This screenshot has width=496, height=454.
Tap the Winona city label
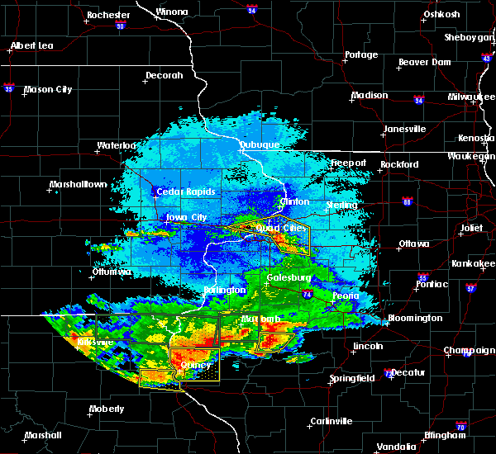coord(172,12)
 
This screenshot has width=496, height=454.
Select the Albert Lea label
coord(33,45)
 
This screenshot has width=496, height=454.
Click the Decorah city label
coord(164,75)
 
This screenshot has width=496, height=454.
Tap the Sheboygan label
coord(468,37)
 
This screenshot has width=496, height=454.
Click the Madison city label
coord(369,95)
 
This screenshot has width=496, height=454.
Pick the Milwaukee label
coord(467,97)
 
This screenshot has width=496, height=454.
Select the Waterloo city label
coord(115,145)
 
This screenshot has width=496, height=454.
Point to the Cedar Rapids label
coord(186,192)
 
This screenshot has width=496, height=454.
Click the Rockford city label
coord(399,164)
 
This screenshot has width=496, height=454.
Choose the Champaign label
coord(469,350)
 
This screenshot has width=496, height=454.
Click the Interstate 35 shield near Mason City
coord(9,86)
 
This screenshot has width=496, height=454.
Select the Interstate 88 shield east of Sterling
coord(407,201)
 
